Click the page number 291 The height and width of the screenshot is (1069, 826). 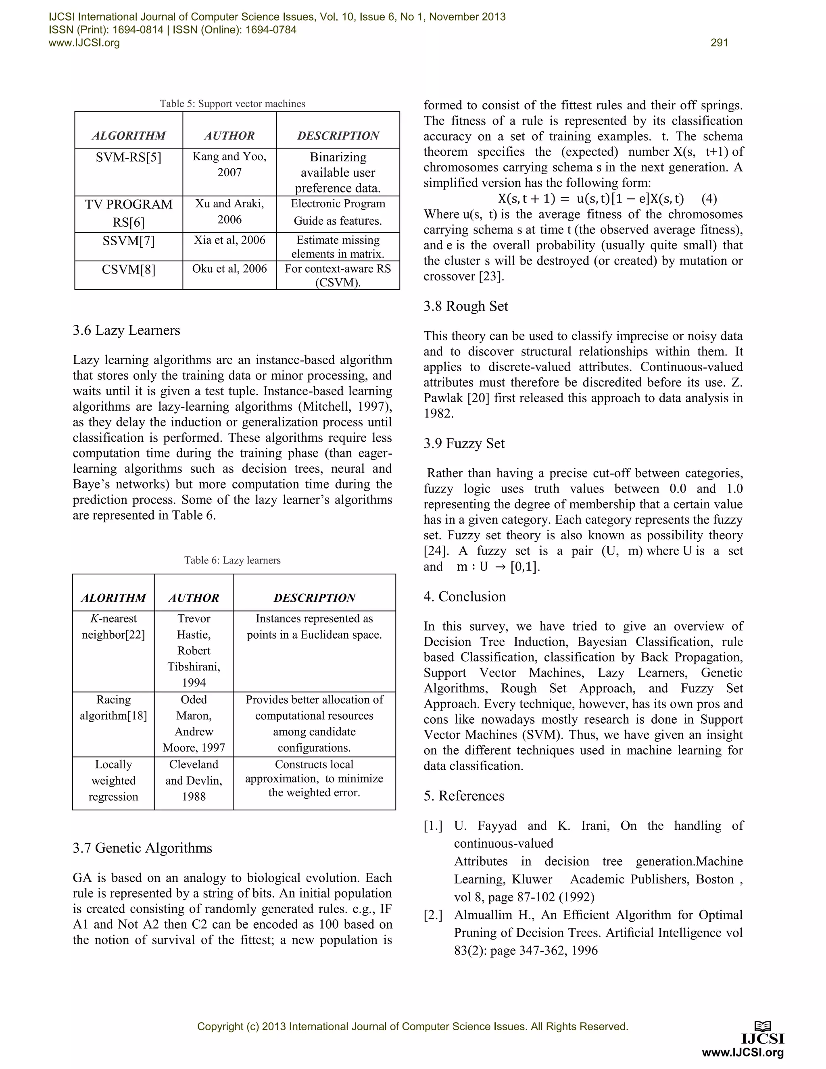tap(719, 43)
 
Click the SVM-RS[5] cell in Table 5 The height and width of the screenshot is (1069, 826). tap(128, 158)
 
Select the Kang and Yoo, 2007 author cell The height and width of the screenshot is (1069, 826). tap(229, 165)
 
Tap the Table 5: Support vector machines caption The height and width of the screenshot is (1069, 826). tap(232, 104)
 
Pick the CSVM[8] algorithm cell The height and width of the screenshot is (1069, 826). tap(128, 269)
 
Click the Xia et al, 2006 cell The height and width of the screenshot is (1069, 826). tap(229, 240)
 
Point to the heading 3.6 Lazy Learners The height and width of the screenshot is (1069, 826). tap(126, 330)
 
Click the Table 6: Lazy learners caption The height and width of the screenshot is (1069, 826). tap(232, 560)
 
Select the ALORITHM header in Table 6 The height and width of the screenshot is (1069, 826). tap(113, 598)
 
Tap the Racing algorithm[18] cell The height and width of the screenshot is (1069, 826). tap(113, 708)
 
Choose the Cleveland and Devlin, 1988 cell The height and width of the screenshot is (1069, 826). tap(194, 780)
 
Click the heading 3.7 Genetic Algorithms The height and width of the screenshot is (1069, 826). tap(142, 848)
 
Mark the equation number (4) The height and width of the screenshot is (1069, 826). tap(709, 199)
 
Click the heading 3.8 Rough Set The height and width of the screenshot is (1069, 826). tap(466, 307)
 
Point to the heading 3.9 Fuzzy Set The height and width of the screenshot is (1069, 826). tap(464, 443)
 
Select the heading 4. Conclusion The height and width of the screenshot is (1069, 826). tap(465, 597)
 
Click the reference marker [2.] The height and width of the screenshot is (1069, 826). tap(433, 915)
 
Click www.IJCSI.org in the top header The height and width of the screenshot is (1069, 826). tap(84, 43)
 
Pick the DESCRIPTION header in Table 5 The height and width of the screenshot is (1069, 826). tap(338, 136)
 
